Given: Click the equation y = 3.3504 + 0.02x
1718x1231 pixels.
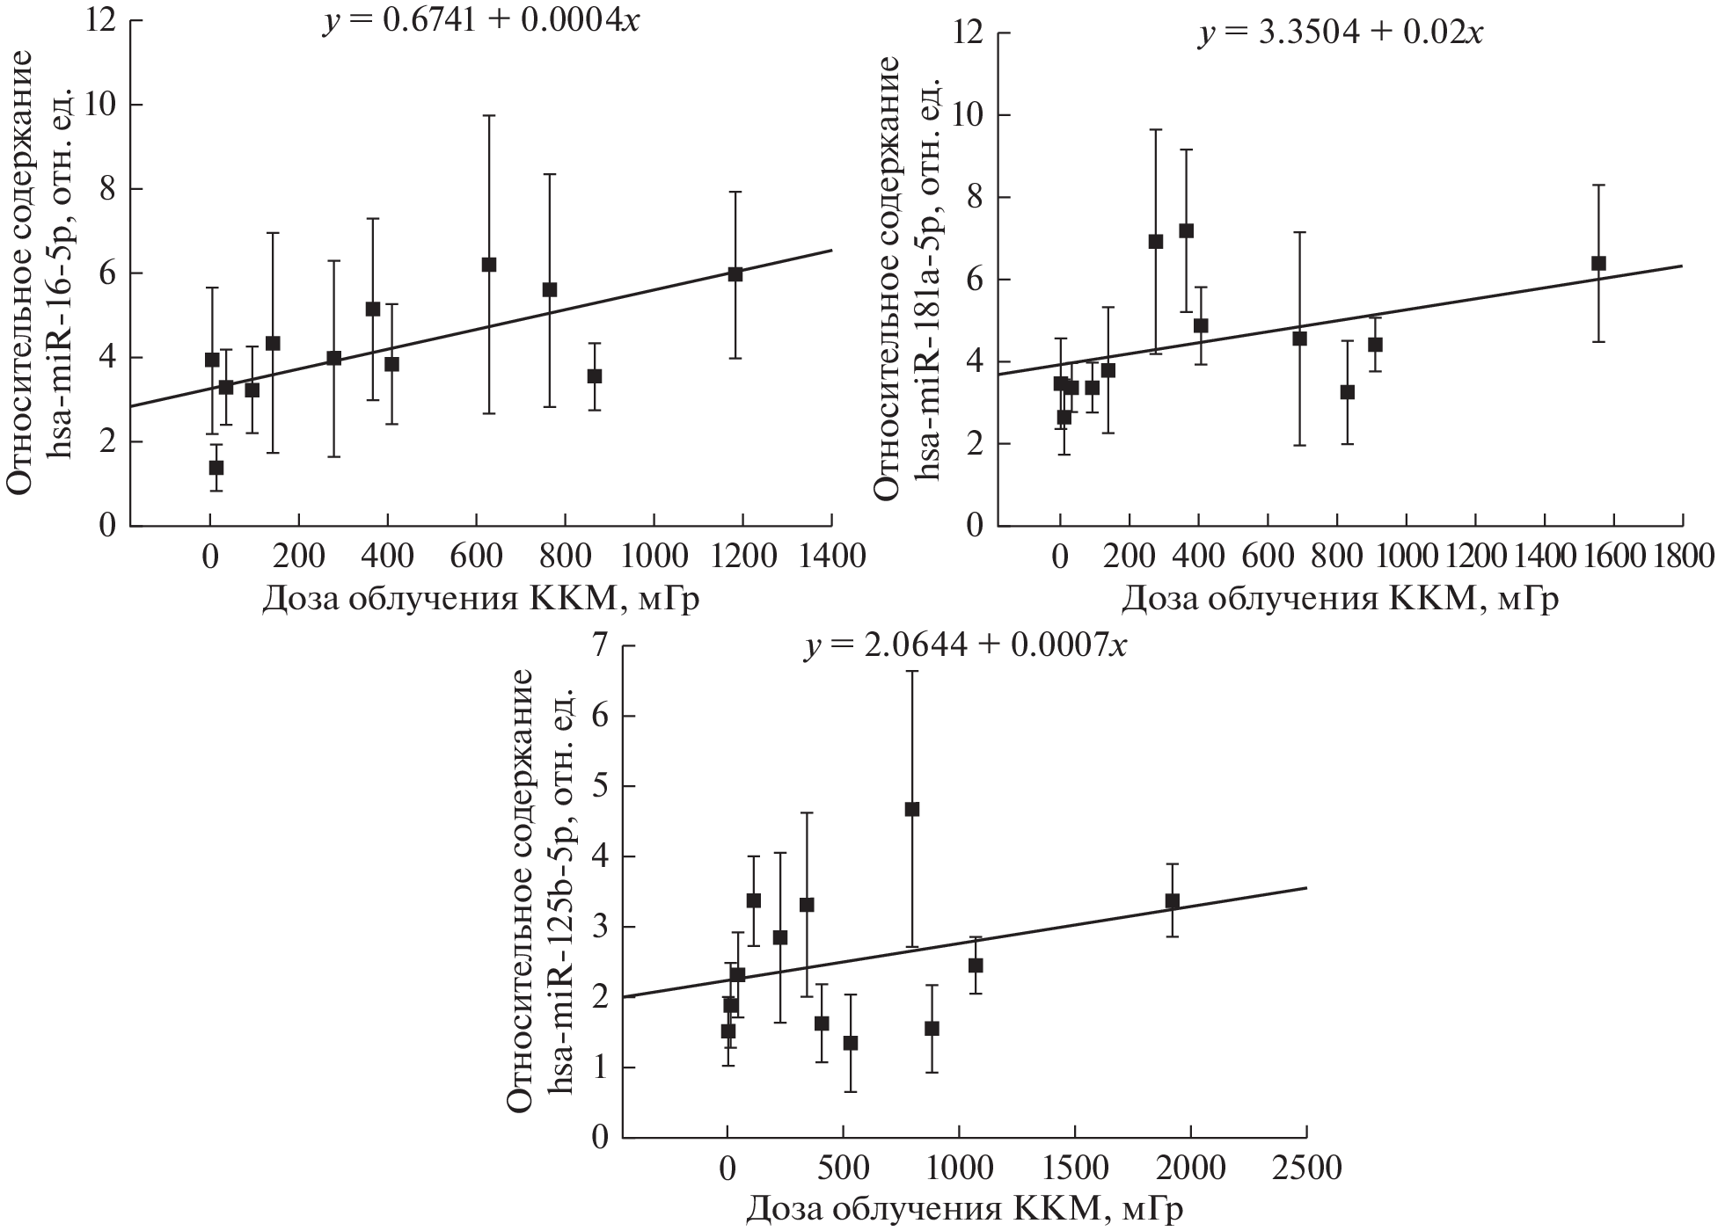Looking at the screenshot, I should click(1340, 33).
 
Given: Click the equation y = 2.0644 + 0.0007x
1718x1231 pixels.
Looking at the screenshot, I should click(964, 646).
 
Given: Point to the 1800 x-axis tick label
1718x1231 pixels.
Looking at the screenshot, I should click(1680, 557).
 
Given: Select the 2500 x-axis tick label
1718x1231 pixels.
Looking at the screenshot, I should click(1305, 1169).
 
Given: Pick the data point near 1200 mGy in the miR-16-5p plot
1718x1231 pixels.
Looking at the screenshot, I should click(735, 273).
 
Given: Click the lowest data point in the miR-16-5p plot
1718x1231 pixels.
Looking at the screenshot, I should click(216, 467).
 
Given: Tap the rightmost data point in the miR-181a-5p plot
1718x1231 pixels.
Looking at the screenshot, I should click(1598, 263).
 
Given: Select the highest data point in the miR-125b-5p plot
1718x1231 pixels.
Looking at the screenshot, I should click(912, 809).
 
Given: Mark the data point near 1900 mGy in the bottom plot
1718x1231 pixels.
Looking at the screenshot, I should click(1172, 901).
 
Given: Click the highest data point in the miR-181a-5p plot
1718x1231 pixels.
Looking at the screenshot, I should click(1186, 230).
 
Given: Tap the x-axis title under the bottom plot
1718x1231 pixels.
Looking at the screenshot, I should click(964, 1210).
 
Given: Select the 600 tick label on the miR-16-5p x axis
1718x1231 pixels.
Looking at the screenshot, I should click(476, 557).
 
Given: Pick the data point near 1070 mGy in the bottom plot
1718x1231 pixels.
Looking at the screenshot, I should click(975, 965).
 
